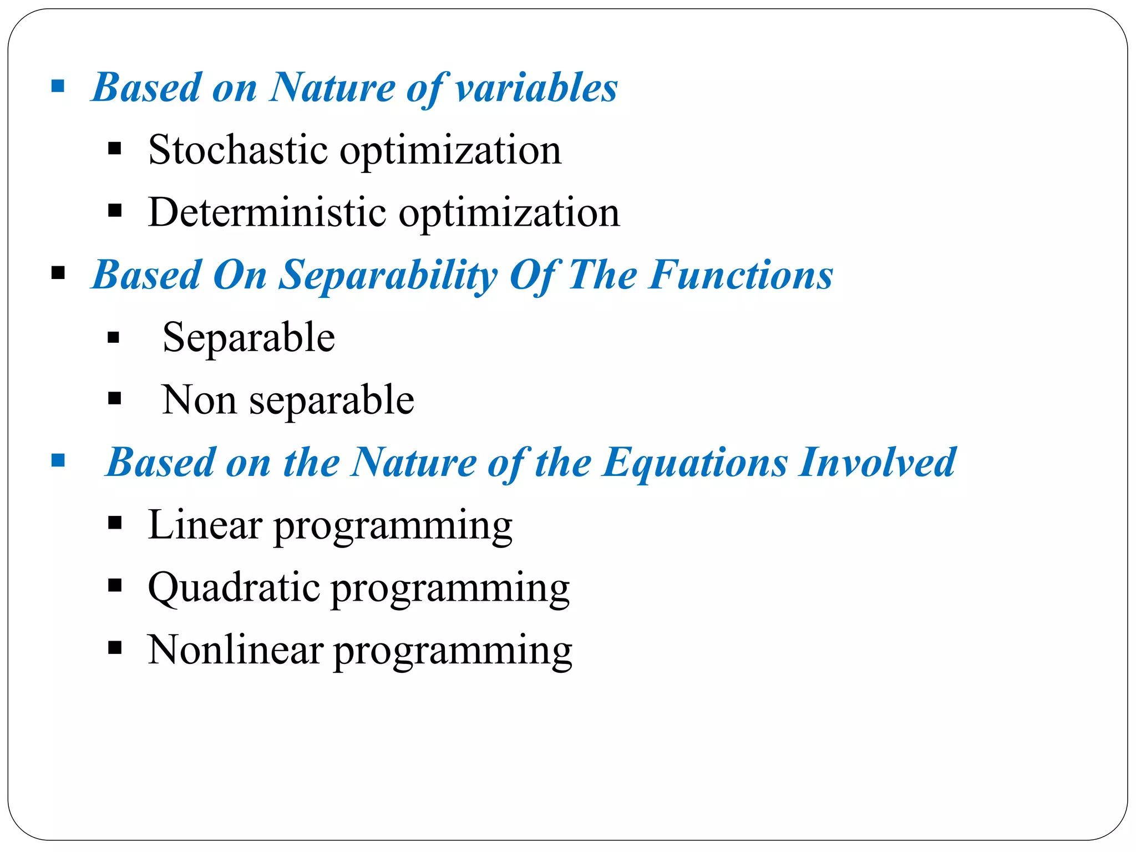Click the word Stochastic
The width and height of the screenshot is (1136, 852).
[x=238, y=150]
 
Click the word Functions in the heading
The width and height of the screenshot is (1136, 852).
[x=741, y=275]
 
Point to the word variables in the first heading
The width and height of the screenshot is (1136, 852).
[x=536, y=88]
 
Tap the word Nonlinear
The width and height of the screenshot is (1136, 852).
[x=235, y=650]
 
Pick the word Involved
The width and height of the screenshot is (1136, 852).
[x=877, y=463]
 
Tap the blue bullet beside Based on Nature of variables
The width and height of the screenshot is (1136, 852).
[x=58, y=87]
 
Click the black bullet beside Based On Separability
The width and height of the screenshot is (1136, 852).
[x=58, y=273]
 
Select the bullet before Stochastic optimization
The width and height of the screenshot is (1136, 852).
[x=115, y=149]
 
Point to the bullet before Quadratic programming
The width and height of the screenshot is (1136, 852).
[x=115, y=586]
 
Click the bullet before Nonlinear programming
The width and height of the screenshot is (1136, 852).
[x=115, y=648]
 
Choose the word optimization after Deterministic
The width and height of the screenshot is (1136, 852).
[x=509, y=213]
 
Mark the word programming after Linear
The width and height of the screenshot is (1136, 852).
[x=393, y=526]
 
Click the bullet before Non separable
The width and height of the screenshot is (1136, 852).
[x=115, y=398]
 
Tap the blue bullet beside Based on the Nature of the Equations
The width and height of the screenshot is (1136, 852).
[x=58, y=460]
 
